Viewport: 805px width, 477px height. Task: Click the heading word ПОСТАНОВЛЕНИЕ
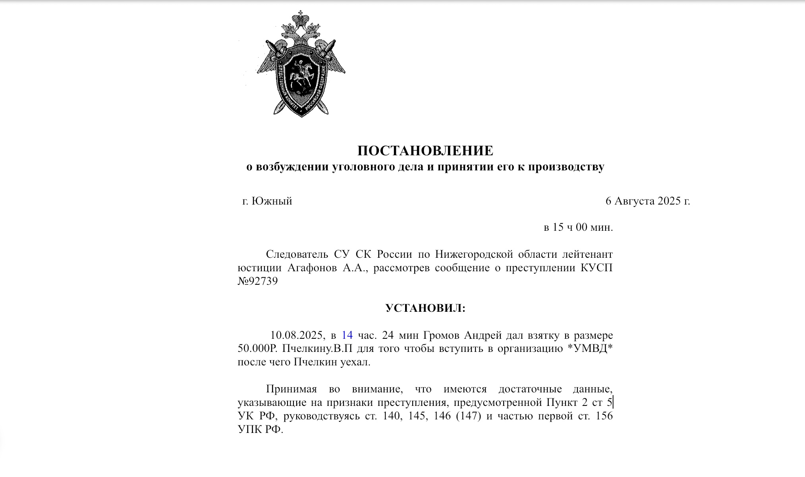[x=425, y=151]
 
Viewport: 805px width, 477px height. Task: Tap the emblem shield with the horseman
[x=301, y=79]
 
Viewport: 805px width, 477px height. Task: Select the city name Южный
[x=272, y=201]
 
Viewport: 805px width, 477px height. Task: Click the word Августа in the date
[x=634, y=201]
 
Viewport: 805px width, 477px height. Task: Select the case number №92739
[x=257, y=282]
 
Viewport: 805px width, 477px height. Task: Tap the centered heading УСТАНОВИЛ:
[x=425, y=309]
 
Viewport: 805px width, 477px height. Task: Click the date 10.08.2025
[x=296, y=336]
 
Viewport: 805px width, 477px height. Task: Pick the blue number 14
[x=347, y=336]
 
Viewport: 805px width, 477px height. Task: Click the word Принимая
[x=291, y=389]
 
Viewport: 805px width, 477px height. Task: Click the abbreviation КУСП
[x=597, y=268]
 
